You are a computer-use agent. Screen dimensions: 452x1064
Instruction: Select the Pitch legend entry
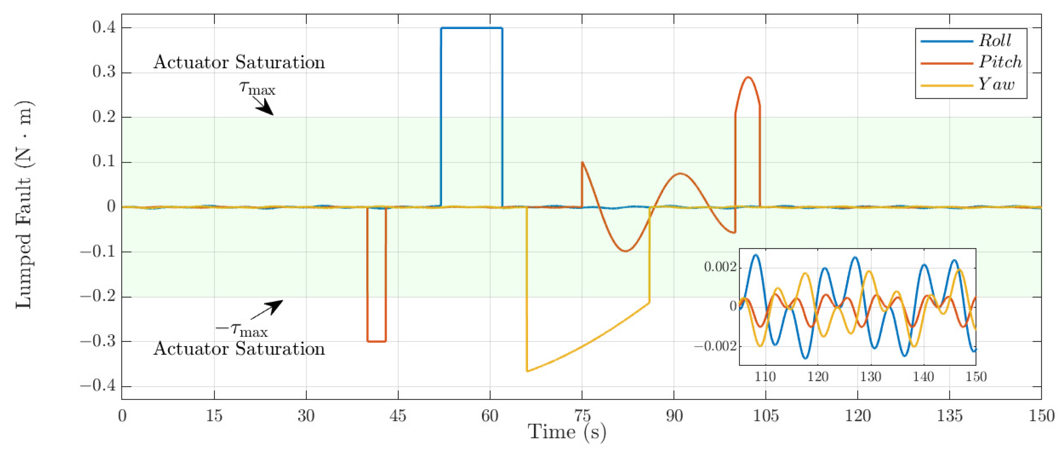(x=1000, y=62)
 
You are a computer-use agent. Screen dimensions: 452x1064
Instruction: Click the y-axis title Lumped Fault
(x=24, y=205)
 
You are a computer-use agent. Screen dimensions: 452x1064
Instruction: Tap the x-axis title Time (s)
(x=567, y=432)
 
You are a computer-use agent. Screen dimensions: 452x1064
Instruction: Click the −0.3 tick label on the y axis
(x=98, y=342)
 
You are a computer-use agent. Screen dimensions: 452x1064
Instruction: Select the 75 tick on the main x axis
(x=582, y=415)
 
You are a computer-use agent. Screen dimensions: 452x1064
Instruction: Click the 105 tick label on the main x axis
(x=766, y=415)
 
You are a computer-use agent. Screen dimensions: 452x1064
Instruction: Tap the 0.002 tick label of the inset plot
(x=720, y=267)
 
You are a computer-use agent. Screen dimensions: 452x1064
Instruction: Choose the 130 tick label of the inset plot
(x=871, y=377)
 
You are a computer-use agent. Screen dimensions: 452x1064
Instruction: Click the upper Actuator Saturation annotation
(x=239, y=62)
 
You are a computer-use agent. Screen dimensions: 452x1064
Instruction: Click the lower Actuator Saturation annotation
(x=239, y=349)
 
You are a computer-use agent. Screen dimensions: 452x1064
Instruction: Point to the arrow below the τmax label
(x=264, y=108)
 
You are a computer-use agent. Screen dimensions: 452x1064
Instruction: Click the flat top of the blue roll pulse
(x=472, y=28)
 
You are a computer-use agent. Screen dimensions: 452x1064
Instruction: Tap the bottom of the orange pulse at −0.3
(x=376, y=342)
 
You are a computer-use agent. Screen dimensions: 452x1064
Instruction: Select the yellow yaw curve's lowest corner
(x=527, y=371)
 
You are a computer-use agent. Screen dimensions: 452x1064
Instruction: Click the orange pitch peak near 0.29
(x=748, y=77)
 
